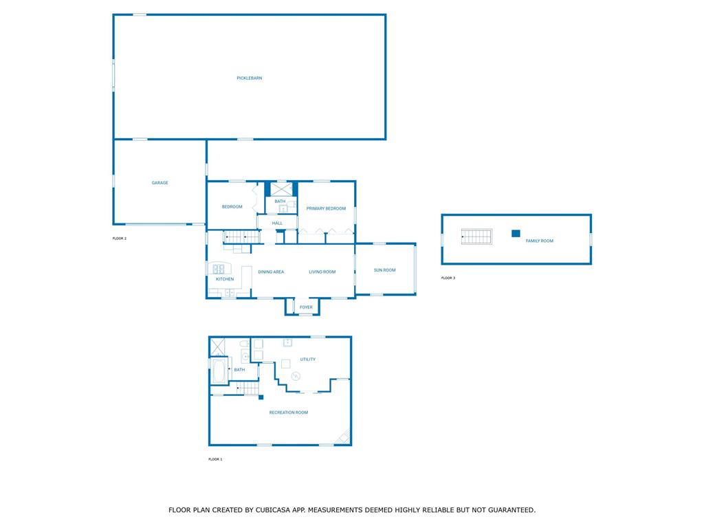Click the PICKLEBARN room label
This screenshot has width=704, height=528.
tap(249, 78)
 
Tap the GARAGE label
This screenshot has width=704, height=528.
tap(159, 183)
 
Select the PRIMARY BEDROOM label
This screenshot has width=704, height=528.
tap(326, 208)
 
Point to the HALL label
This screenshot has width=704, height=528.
tap(277, 223)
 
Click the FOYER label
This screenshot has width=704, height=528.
tap(306, 307)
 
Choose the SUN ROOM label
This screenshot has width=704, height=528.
tap(385, 270)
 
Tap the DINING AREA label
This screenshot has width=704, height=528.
tap(271, 272)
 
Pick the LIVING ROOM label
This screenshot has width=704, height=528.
tap(322, 272)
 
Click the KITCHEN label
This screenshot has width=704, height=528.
tap(225, 279)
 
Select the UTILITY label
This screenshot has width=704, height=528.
tap(307, 359)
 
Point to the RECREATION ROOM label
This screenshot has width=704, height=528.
tap(288, 412)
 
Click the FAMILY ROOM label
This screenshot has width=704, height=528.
tap(539, 241)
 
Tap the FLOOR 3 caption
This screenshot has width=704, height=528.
tap(448, 278)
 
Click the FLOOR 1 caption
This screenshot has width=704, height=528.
tap(215, 459)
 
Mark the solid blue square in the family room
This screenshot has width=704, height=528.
tap(516, 234)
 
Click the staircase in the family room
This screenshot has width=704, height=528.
tap(476, 236)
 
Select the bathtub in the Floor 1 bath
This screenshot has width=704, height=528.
tap(219, 371)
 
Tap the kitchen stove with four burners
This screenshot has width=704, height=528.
tap(218, 269)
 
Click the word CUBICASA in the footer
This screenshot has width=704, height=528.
tap(274, 510)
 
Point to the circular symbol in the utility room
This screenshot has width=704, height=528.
tap(296, 376)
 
